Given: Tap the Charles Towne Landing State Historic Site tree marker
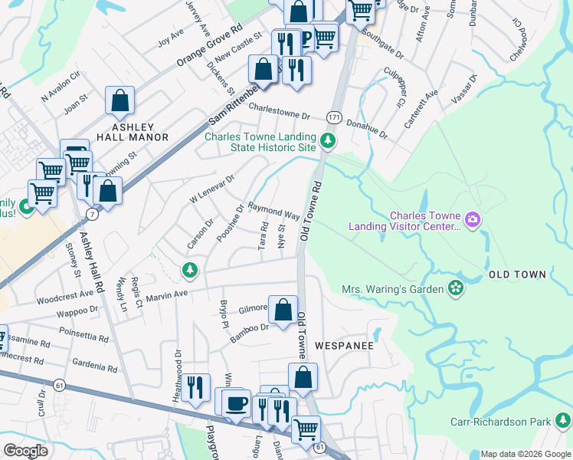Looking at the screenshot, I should click(x=328, y=140).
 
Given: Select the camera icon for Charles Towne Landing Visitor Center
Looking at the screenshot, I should click(x=470, y=221).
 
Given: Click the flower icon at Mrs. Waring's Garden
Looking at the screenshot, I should click(x=456, y=288).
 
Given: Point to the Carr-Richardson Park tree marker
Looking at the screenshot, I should click(x=564, y=421).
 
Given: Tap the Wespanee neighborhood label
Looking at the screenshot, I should click(x=344, y=346).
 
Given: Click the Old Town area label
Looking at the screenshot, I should click(x=517, y=274).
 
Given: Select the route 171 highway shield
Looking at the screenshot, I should click(x=333, y=116).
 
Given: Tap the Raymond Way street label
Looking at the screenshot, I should click(x=273, y=212).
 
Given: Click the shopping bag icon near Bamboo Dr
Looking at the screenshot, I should click(x=283, y=310).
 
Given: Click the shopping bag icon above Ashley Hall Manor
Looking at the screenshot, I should click(x=120, y=100).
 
